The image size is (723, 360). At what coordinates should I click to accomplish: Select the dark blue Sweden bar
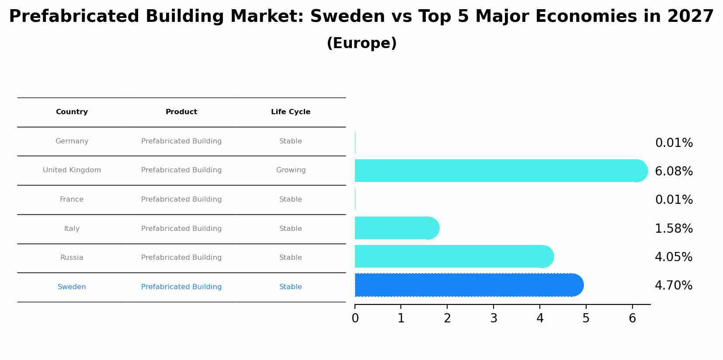[468, 285]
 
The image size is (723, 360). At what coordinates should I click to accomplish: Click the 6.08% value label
[674, 171]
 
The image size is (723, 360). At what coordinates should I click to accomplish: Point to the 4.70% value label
[674, 286]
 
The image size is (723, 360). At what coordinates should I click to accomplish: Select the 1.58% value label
[674, 229]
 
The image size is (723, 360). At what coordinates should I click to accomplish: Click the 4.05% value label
[674, 257]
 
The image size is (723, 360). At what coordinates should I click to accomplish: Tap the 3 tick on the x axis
[494, 318]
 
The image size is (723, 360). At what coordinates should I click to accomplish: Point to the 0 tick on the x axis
[355, 318]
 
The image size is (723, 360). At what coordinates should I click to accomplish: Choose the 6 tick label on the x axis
[632, 318]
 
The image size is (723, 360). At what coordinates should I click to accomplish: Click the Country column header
[72, 112]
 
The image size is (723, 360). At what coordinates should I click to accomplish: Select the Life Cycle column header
[291, 112]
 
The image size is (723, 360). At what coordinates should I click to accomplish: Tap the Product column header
[181, 112]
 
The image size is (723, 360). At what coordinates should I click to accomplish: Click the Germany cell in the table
[72, 141]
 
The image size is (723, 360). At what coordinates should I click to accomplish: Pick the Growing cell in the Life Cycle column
[291, 170]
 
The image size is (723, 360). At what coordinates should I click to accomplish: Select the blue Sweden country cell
[72, 287]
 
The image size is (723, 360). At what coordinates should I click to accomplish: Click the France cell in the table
[72, 199]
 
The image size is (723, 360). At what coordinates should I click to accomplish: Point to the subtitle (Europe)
[361, 43]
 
